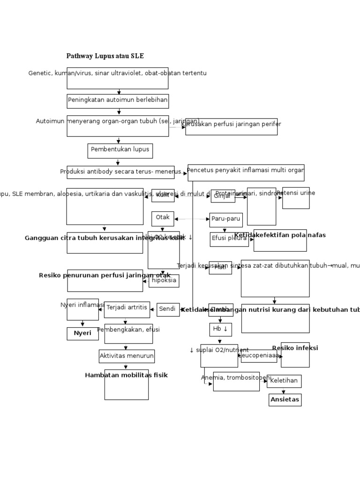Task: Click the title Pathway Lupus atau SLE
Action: coord(105,56)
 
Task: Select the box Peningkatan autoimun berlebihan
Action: coord(118,101)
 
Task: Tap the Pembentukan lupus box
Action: coord(120,150)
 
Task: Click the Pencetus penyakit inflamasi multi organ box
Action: coord(246,172)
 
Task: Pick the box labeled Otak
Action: coord(163,218)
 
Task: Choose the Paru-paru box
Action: coord(226,219)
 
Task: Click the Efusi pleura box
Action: coord(229,239)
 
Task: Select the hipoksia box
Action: coord(164,281)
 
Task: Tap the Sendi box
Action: coord(168,309)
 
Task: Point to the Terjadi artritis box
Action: coord(127,309)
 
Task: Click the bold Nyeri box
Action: coord(82,333)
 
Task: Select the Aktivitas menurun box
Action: coord(127,356)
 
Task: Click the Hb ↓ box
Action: coord(220,330)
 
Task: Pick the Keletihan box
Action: coord(284,381)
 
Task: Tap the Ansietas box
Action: coord(285,400)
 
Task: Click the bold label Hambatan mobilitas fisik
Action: coord(126,375)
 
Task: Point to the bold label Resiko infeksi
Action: coord(295,348)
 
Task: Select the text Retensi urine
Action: coord(296,193)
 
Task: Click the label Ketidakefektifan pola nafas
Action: coord(280,235)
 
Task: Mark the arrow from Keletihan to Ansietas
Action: coord(284,390)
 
